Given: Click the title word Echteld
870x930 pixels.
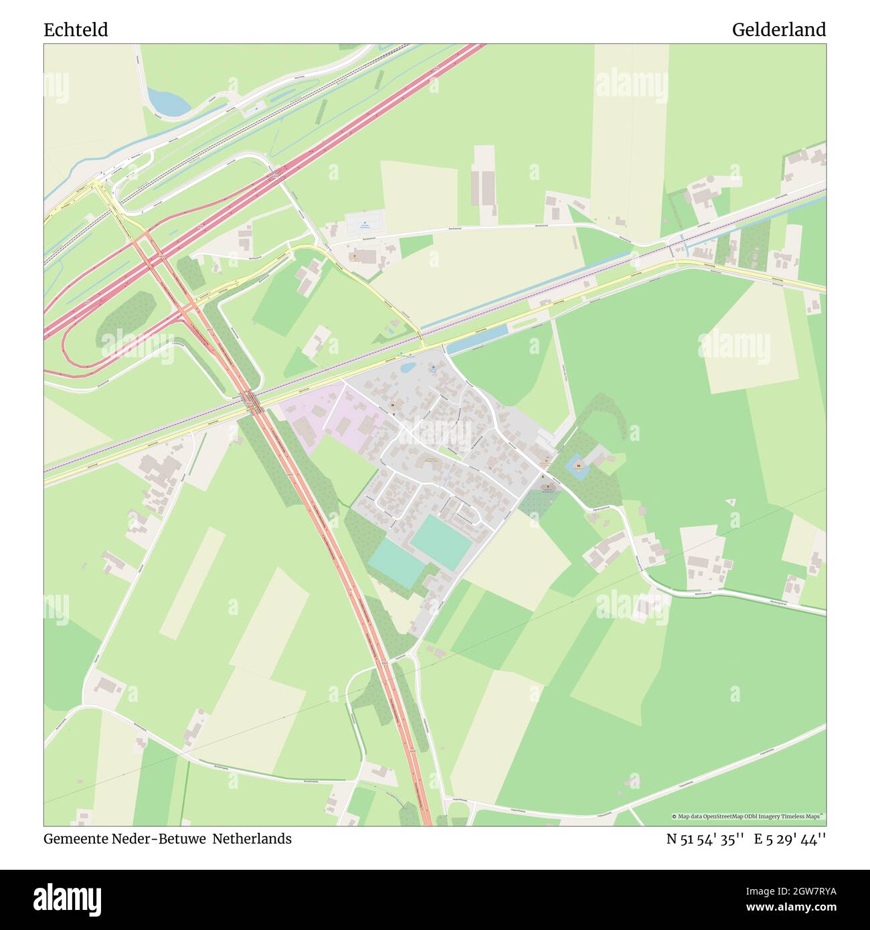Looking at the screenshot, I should [76, 30].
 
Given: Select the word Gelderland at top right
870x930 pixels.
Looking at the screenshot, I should [778, 30].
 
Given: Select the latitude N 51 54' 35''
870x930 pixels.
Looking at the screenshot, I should [705, 839].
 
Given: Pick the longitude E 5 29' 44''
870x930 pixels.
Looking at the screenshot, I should [790, 839].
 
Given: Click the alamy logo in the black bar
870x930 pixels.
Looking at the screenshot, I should [68, 899].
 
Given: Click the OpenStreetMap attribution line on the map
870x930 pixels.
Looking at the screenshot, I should [748, 816].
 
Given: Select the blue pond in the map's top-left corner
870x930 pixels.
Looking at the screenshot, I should [168, 102].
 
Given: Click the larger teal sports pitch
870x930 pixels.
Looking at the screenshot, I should [442, 542].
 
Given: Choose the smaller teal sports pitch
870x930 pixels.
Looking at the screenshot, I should [396, 563].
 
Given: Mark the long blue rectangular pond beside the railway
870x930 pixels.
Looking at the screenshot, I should [476, 341].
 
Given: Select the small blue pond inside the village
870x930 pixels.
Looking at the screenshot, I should [406, 367].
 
